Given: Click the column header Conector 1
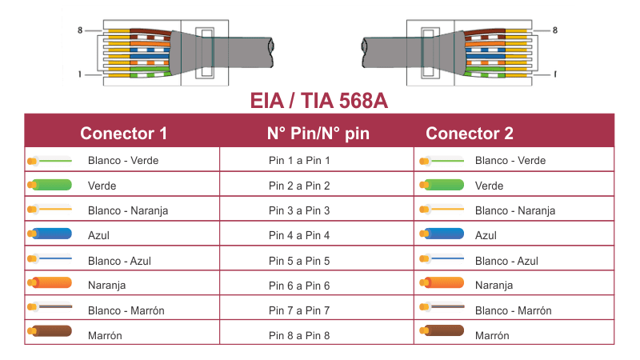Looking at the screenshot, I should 123,134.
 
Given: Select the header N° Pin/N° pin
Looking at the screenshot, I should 318,134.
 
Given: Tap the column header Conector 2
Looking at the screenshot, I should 469,134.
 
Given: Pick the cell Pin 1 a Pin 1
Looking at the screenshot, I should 299,160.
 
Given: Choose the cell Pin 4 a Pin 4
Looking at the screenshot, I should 299,235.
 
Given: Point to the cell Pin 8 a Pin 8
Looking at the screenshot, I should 299,335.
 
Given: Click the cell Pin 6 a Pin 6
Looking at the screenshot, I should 299,286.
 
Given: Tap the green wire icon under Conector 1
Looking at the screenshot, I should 50,186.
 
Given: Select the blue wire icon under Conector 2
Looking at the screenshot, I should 441,235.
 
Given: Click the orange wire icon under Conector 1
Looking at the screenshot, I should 50,284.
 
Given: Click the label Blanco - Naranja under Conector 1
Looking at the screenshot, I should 127,210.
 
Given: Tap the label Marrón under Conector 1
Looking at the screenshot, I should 104,335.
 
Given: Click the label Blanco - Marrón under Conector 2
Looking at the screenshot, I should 513,310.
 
